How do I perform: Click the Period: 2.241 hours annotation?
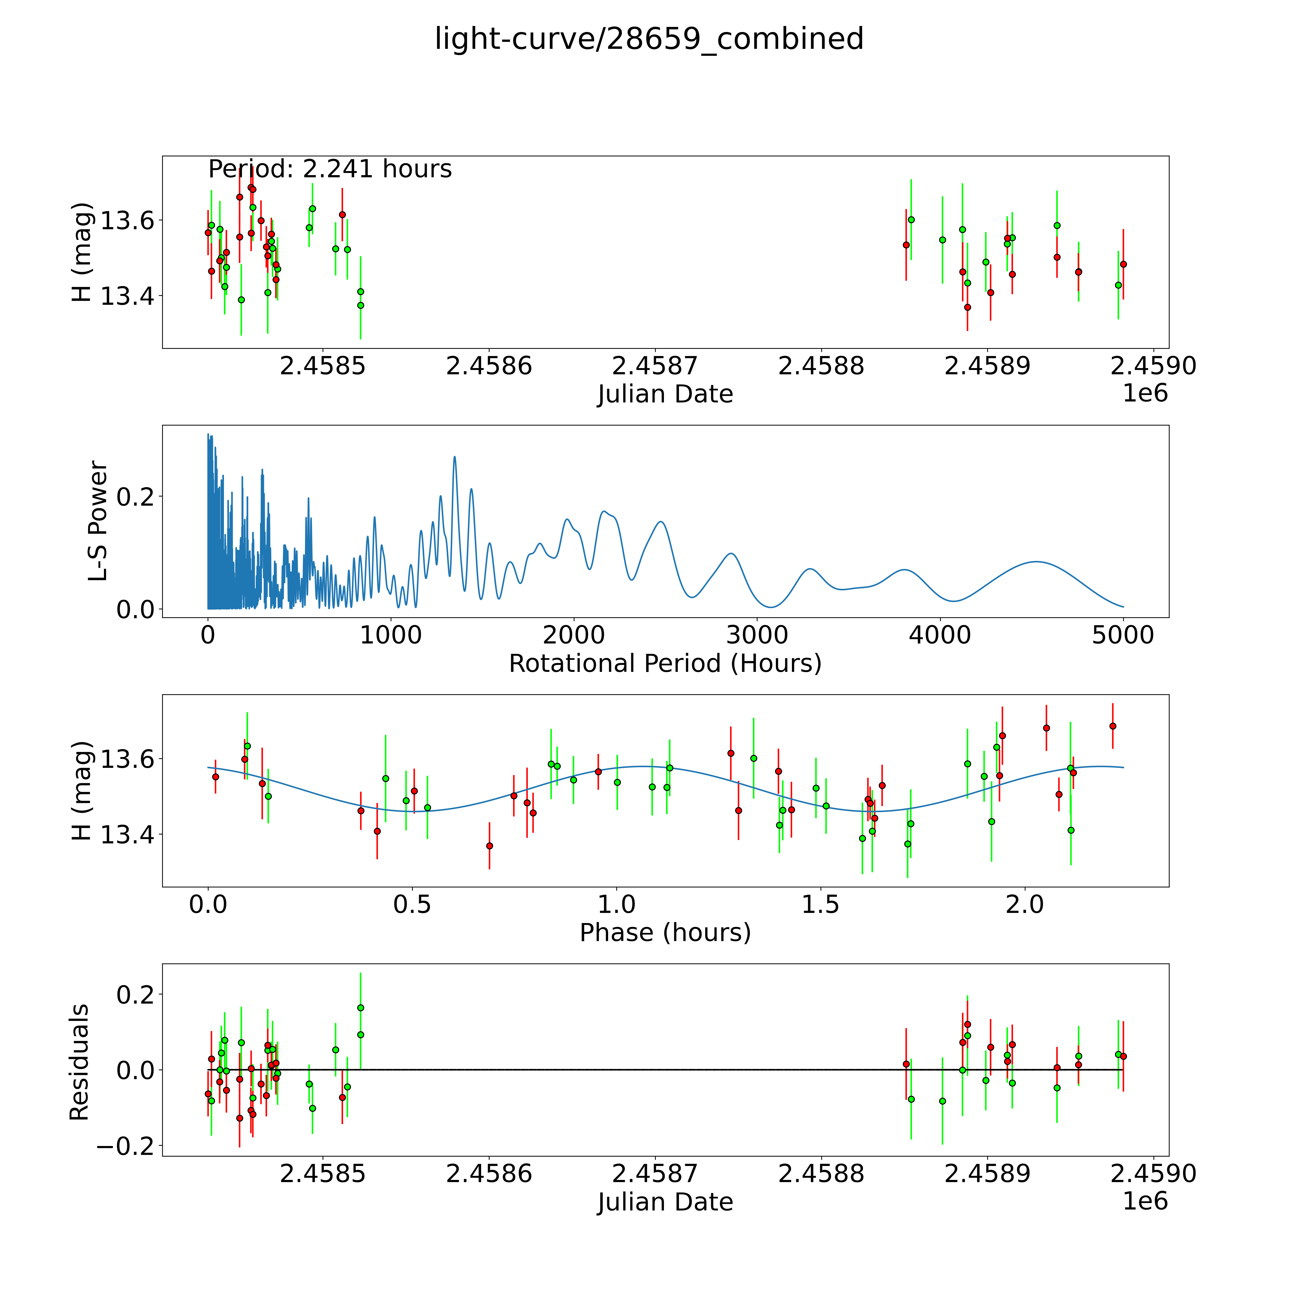[330, 169]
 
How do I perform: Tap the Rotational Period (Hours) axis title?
[665, 664]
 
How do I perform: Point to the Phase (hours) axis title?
[665, 933]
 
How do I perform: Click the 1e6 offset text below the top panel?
[1145, 393]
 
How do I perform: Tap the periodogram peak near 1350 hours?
[454, 457]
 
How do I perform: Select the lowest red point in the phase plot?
[490, 846]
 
